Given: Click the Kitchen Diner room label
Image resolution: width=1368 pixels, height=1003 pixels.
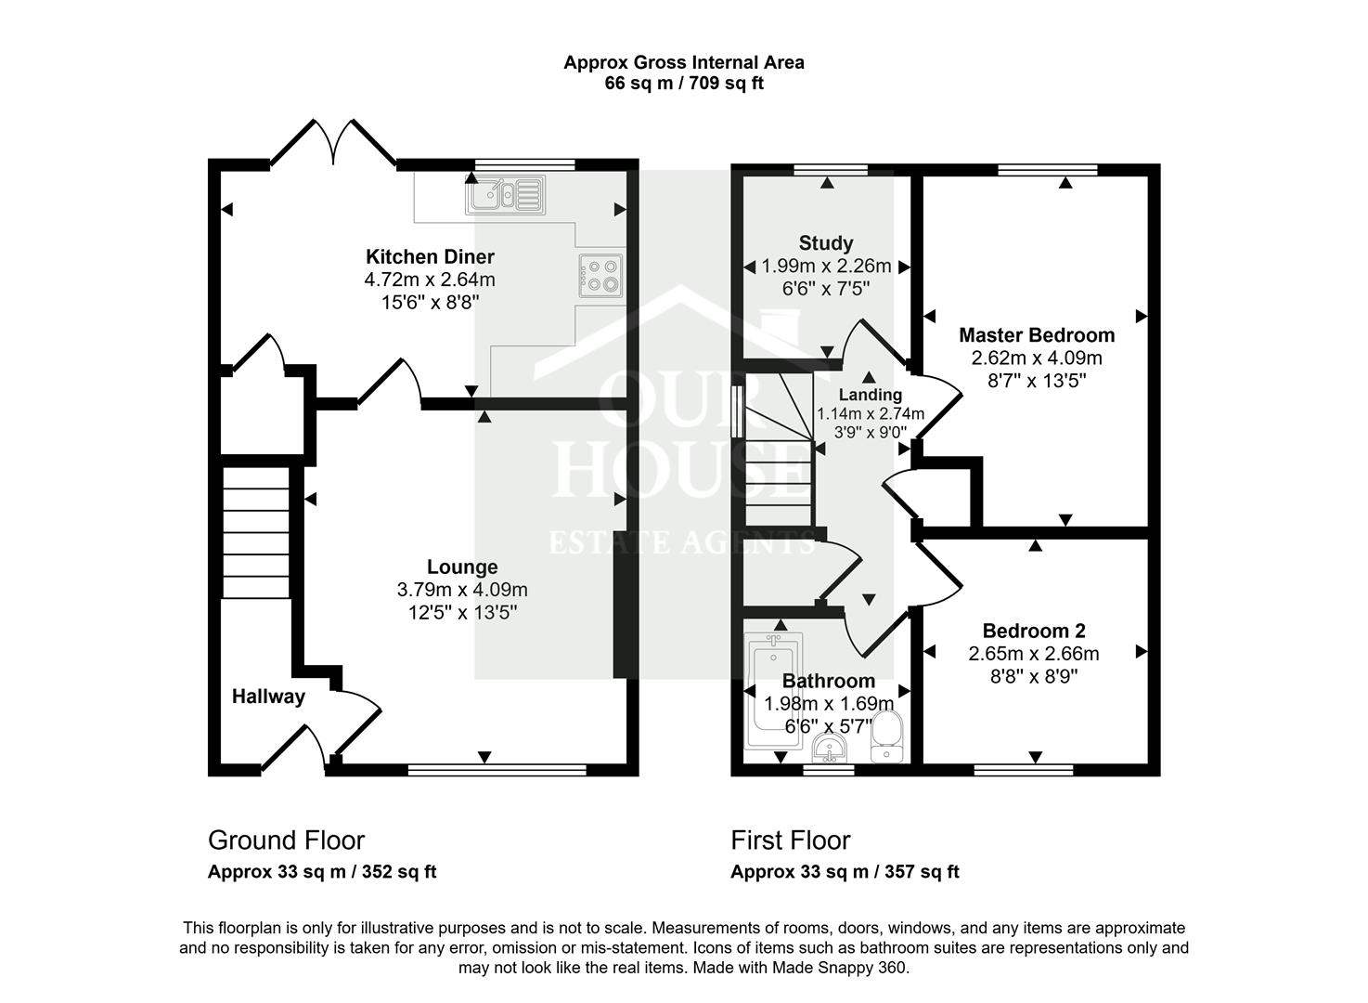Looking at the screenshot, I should pyautogui.click(x=430, y=257).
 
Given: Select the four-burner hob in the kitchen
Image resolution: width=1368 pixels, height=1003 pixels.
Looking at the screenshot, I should pyautogui.click(x=600, y=275).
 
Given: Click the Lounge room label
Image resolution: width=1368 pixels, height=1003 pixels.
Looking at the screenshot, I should pyautogui.click(x=462, y=567).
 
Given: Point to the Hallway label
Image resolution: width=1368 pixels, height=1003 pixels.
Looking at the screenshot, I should pyautogui.click(x=268, y=697).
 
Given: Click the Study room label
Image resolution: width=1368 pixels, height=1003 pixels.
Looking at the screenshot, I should pyautogui.click(x=825, y=243).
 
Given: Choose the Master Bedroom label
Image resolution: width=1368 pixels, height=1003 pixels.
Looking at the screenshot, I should pyautogui.click(x=1036, y=335).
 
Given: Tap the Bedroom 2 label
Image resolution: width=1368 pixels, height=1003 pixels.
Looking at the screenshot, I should pyautogui.click(x=1034, y=632).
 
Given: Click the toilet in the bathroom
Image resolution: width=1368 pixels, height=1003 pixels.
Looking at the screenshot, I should pyautogui.click(x=886, y=736).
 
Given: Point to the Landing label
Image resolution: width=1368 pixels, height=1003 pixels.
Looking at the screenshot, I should pyautogui.click(x=870, y=395).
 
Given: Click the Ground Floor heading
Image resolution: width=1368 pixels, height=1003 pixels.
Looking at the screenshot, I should pyautogui.click(x=286, y=840).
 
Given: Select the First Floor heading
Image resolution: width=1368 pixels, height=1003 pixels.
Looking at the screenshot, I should pyautogui.click(x=790, y=840).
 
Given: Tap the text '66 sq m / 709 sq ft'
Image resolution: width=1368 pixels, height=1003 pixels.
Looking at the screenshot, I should pyautogui.click(x=684, y=84).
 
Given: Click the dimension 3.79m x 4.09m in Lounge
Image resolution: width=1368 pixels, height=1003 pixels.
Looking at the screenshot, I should pyautogui.click(x=462, y=590).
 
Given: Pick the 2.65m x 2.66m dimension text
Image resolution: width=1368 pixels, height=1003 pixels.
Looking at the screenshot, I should pyautogui.click(x=1034, y=654).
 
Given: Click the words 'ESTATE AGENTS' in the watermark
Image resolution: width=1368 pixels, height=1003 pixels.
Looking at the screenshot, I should pyautogui.click(x=682, y=542).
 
